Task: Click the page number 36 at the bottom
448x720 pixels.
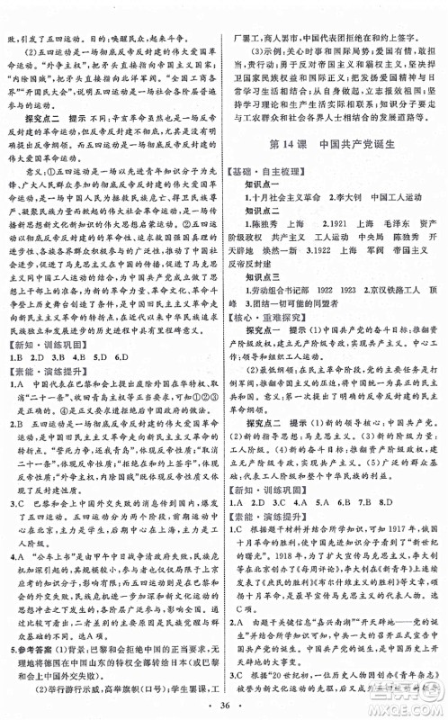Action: (x=224, y=705)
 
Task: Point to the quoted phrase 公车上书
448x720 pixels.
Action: (x=52, y=531)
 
